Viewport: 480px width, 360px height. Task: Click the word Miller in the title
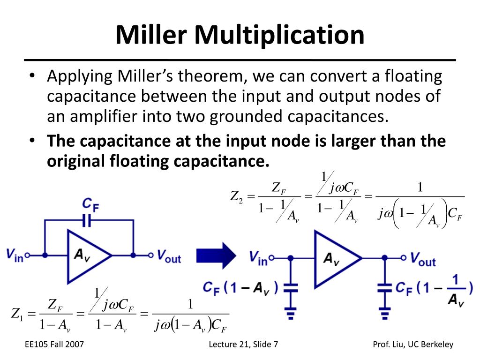[151, 35]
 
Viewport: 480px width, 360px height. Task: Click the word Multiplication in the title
[279, 36]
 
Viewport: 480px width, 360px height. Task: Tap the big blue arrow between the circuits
[216, 255]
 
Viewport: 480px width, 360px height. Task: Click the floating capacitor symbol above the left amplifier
[87, 220]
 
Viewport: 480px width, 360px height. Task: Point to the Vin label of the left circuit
[15, 255]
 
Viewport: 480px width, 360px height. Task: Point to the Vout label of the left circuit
[169, 256]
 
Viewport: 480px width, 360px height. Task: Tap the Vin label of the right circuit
[258, 258]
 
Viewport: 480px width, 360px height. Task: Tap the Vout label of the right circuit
[423, 260]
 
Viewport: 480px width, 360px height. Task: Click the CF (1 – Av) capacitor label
[240, 288]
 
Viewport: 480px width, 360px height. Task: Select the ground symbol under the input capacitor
[291, 314]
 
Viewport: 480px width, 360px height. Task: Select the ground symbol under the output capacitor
[385, 314]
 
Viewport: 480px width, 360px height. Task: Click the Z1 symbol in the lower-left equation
[17, 314]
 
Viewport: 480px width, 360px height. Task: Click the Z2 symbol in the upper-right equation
[236, 196]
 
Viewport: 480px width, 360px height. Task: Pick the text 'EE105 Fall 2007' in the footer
[54, 345]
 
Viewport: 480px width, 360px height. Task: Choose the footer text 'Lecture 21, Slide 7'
[243, 345]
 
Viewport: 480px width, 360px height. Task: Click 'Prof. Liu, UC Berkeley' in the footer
[413, 345]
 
